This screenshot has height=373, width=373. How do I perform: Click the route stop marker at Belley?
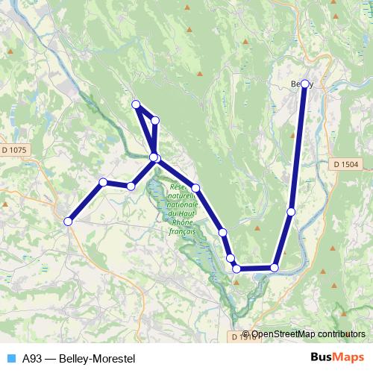click(304, 84)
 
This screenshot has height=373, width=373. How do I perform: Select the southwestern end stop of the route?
click(68, 221)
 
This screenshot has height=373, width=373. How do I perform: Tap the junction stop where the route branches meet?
click(154, 157)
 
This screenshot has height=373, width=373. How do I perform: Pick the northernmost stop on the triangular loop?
click(136, 104)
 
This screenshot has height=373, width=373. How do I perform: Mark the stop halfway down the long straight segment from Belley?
click(291, 212)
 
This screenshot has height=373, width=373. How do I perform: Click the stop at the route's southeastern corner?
click(275, 267)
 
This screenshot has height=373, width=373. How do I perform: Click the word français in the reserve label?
click(181, 232)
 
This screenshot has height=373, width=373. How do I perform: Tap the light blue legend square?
click(10, 358)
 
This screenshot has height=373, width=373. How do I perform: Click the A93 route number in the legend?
click(32, 358)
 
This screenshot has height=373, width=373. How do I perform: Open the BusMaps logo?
click(337, 357)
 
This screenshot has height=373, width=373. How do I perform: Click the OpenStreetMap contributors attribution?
click(307, 335)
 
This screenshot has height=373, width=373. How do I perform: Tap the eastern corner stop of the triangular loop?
click(155, 120)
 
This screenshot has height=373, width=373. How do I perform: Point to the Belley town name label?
click(301, 84)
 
